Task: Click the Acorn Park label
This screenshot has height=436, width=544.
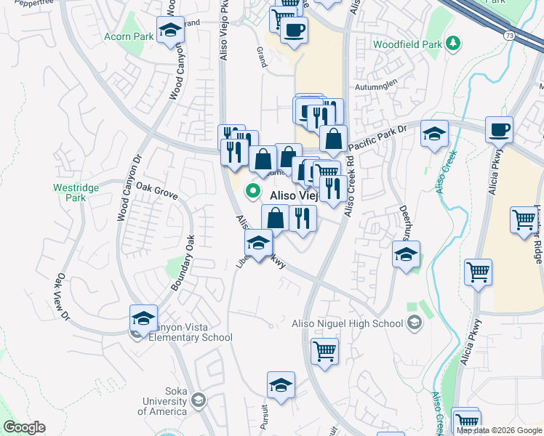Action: tap(129, 36)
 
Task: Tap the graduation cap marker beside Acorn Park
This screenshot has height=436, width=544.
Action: tap(170, 31)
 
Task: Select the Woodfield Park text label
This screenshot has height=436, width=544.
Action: tap(407, 44)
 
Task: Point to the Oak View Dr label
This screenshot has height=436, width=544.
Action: tap(61, 297)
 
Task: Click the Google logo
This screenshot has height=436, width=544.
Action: tap(24, 427)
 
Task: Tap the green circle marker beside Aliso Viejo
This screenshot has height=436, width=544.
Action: tap(253, 192)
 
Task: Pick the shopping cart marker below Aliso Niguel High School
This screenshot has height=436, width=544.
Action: tap(324, 352)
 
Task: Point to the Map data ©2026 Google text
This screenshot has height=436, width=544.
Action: tap(499, 430)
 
